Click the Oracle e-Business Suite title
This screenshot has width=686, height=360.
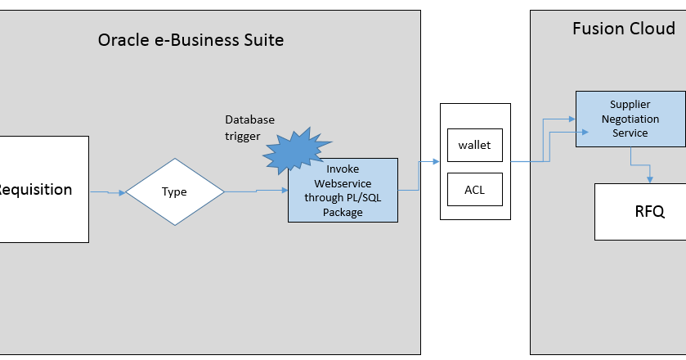tap(191, 39)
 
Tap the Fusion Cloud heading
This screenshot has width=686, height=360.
tap(623, 29)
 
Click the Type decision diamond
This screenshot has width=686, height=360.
tap(174, 192)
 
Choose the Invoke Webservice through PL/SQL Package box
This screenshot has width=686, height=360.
tap(343, 190)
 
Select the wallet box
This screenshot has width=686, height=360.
tap(474, 145)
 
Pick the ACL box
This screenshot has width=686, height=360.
tap(474, 190)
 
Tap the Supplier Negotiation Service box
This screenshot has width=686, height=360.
tap(630, 119)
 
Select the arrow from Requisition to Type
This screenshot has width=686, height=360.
tap(106, 193)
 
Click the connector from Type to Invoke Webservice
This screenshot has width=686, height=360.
tap(255, 191)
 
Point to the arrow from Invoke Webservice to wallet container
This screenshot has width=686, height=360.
tap(419, 176)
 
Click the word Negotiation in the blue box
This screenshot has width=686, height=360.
tap(630, 119)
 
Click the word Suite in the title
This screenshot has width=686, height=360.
tap(262, 39)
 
